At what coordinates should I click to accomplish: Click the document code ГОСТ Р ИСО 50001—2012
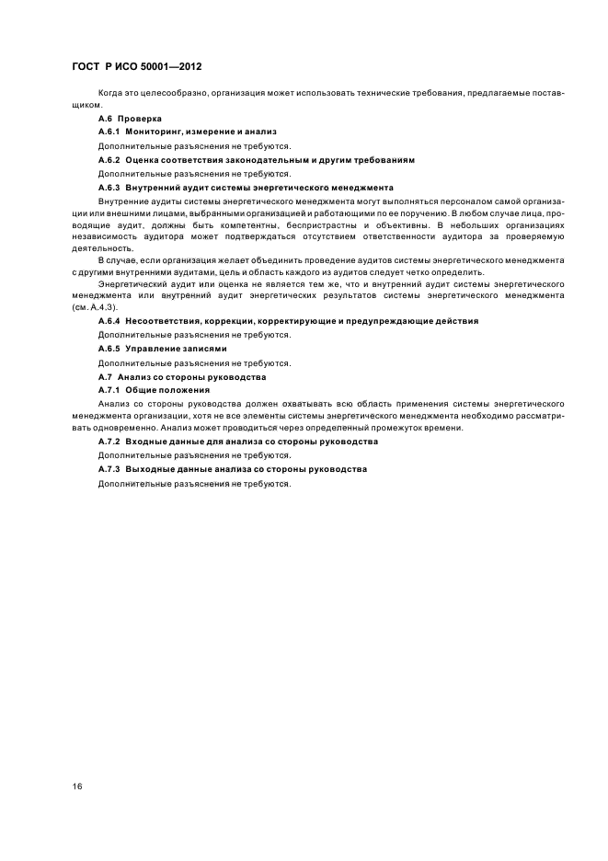point(135,68)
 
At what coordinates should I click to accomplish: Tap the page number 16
point(77,786)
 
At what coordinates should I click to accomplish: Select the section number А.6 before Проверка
point(107,119)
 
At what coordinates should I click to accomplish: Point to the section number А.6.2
point(109,160)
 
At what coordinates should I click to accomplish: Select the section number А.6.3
point(109,187)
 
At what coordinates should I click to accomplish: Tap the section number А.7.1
point(109,390)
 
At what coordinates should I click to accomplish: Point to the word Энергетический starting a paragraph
point(136,284)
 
